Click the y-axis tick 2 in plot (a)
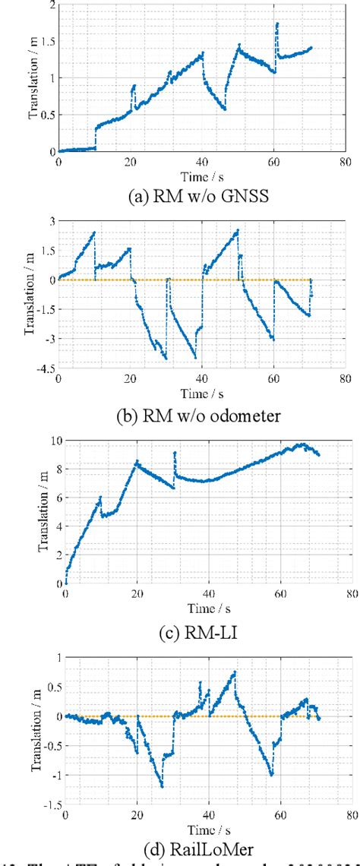[53, 5]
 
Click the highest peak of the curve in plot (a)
[277, 24]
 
